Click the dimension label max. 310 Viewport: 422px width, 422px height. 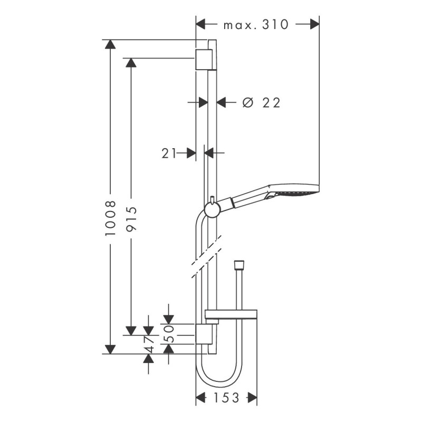point(256,24)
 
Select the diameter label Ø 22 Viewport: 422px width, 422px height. point(261,102)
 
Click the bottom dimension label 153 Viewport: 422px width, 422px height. point(226,397)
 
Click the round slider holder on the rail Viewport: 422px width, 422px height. point(212,210)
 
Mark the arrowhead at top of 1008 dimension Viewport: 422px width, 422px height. point(110,44)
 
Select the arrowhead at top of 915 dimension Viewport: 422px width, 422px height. point(131,63)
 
